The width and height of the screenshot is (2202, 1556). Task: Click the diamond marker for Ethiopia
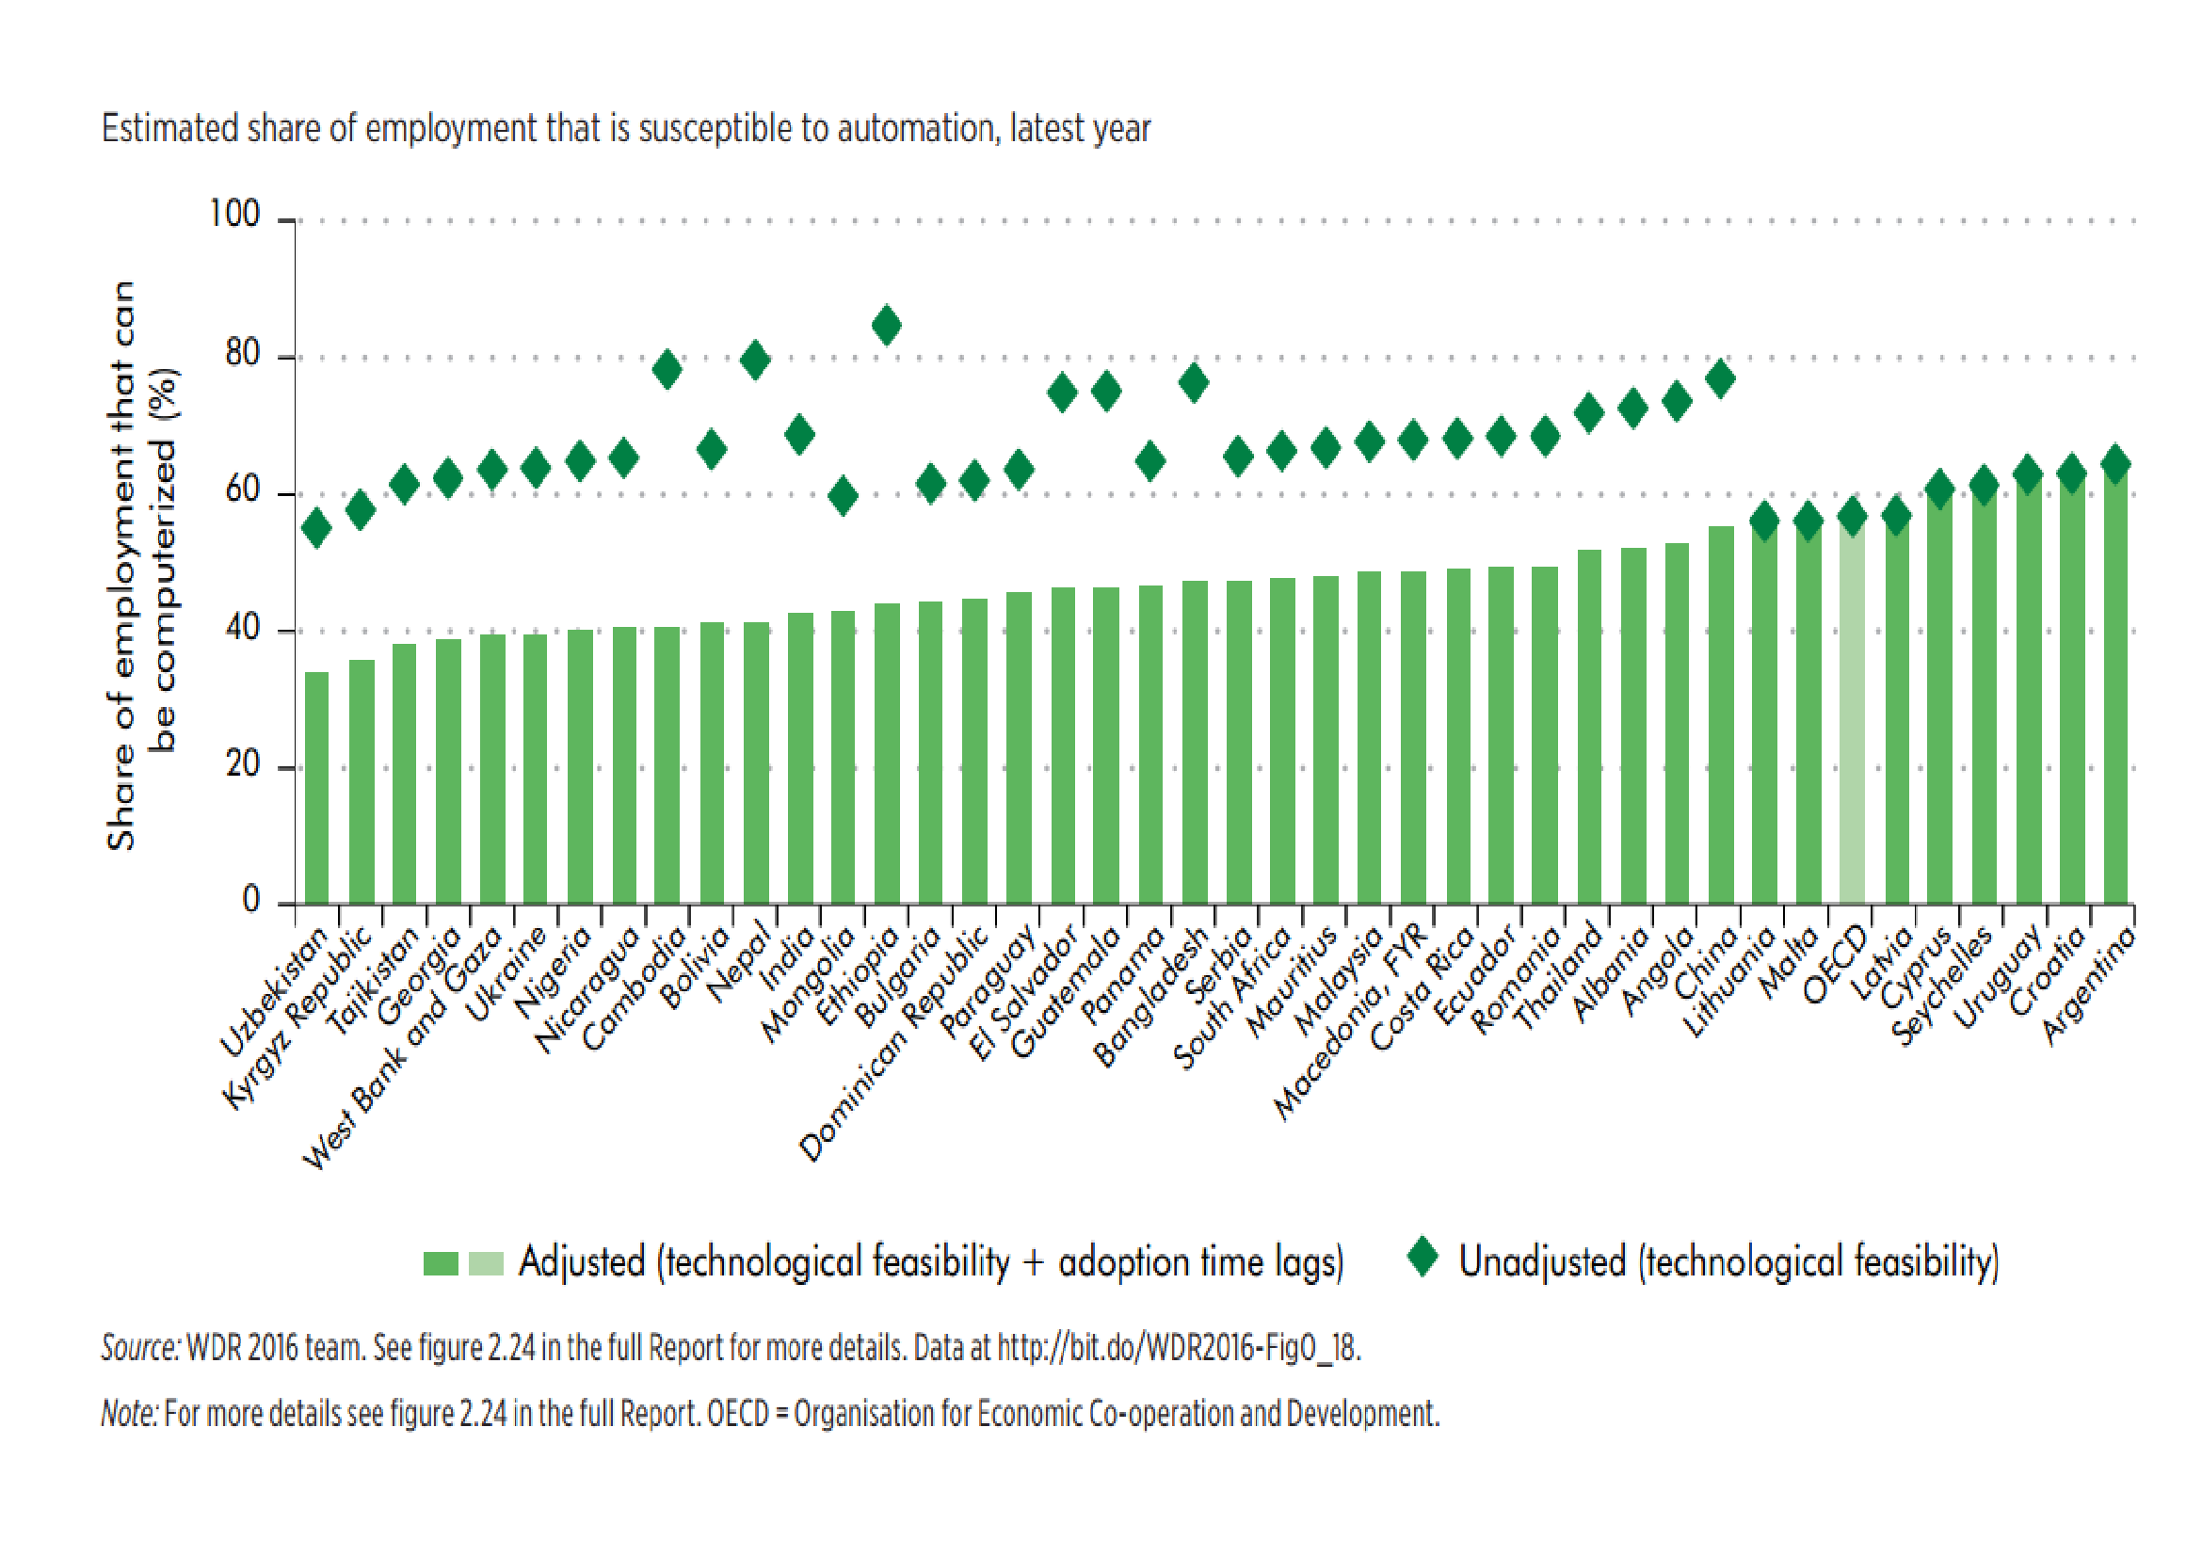[x=886, y=325]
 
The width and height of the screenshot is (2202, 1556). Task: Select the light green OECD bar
[x=1852, y=719]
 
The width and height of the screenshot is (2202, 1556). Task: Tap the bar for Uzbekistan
[x=316, y=786]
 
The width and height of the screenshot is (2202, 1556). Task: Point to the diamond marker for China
[x=1721, y=378]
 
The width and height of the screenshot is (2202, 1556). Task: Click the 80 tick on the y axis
[x=243, y=356]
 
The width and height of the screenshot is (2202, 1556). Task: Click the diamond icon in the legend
[x=1422, y=1257]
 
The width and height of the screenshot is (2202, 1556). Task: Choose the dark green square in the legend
[x=441, y=1263]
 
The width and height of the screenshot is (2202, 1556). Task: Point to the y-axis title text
[x=141, y=566]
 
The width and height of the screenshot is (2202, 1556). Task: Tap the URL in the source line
[x=1179, y=1348]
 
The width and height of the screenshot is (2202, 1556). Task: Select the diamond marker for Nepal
[x=755, y=361]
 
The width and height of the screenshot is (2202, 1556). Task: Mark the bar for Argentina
[x=2115, y=690]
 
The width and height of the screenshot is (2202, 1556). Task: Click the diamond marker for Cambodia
[x=667, y=370]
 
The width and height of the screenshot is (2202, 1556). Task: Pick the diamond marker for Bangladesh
[x=1193, y=382]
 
